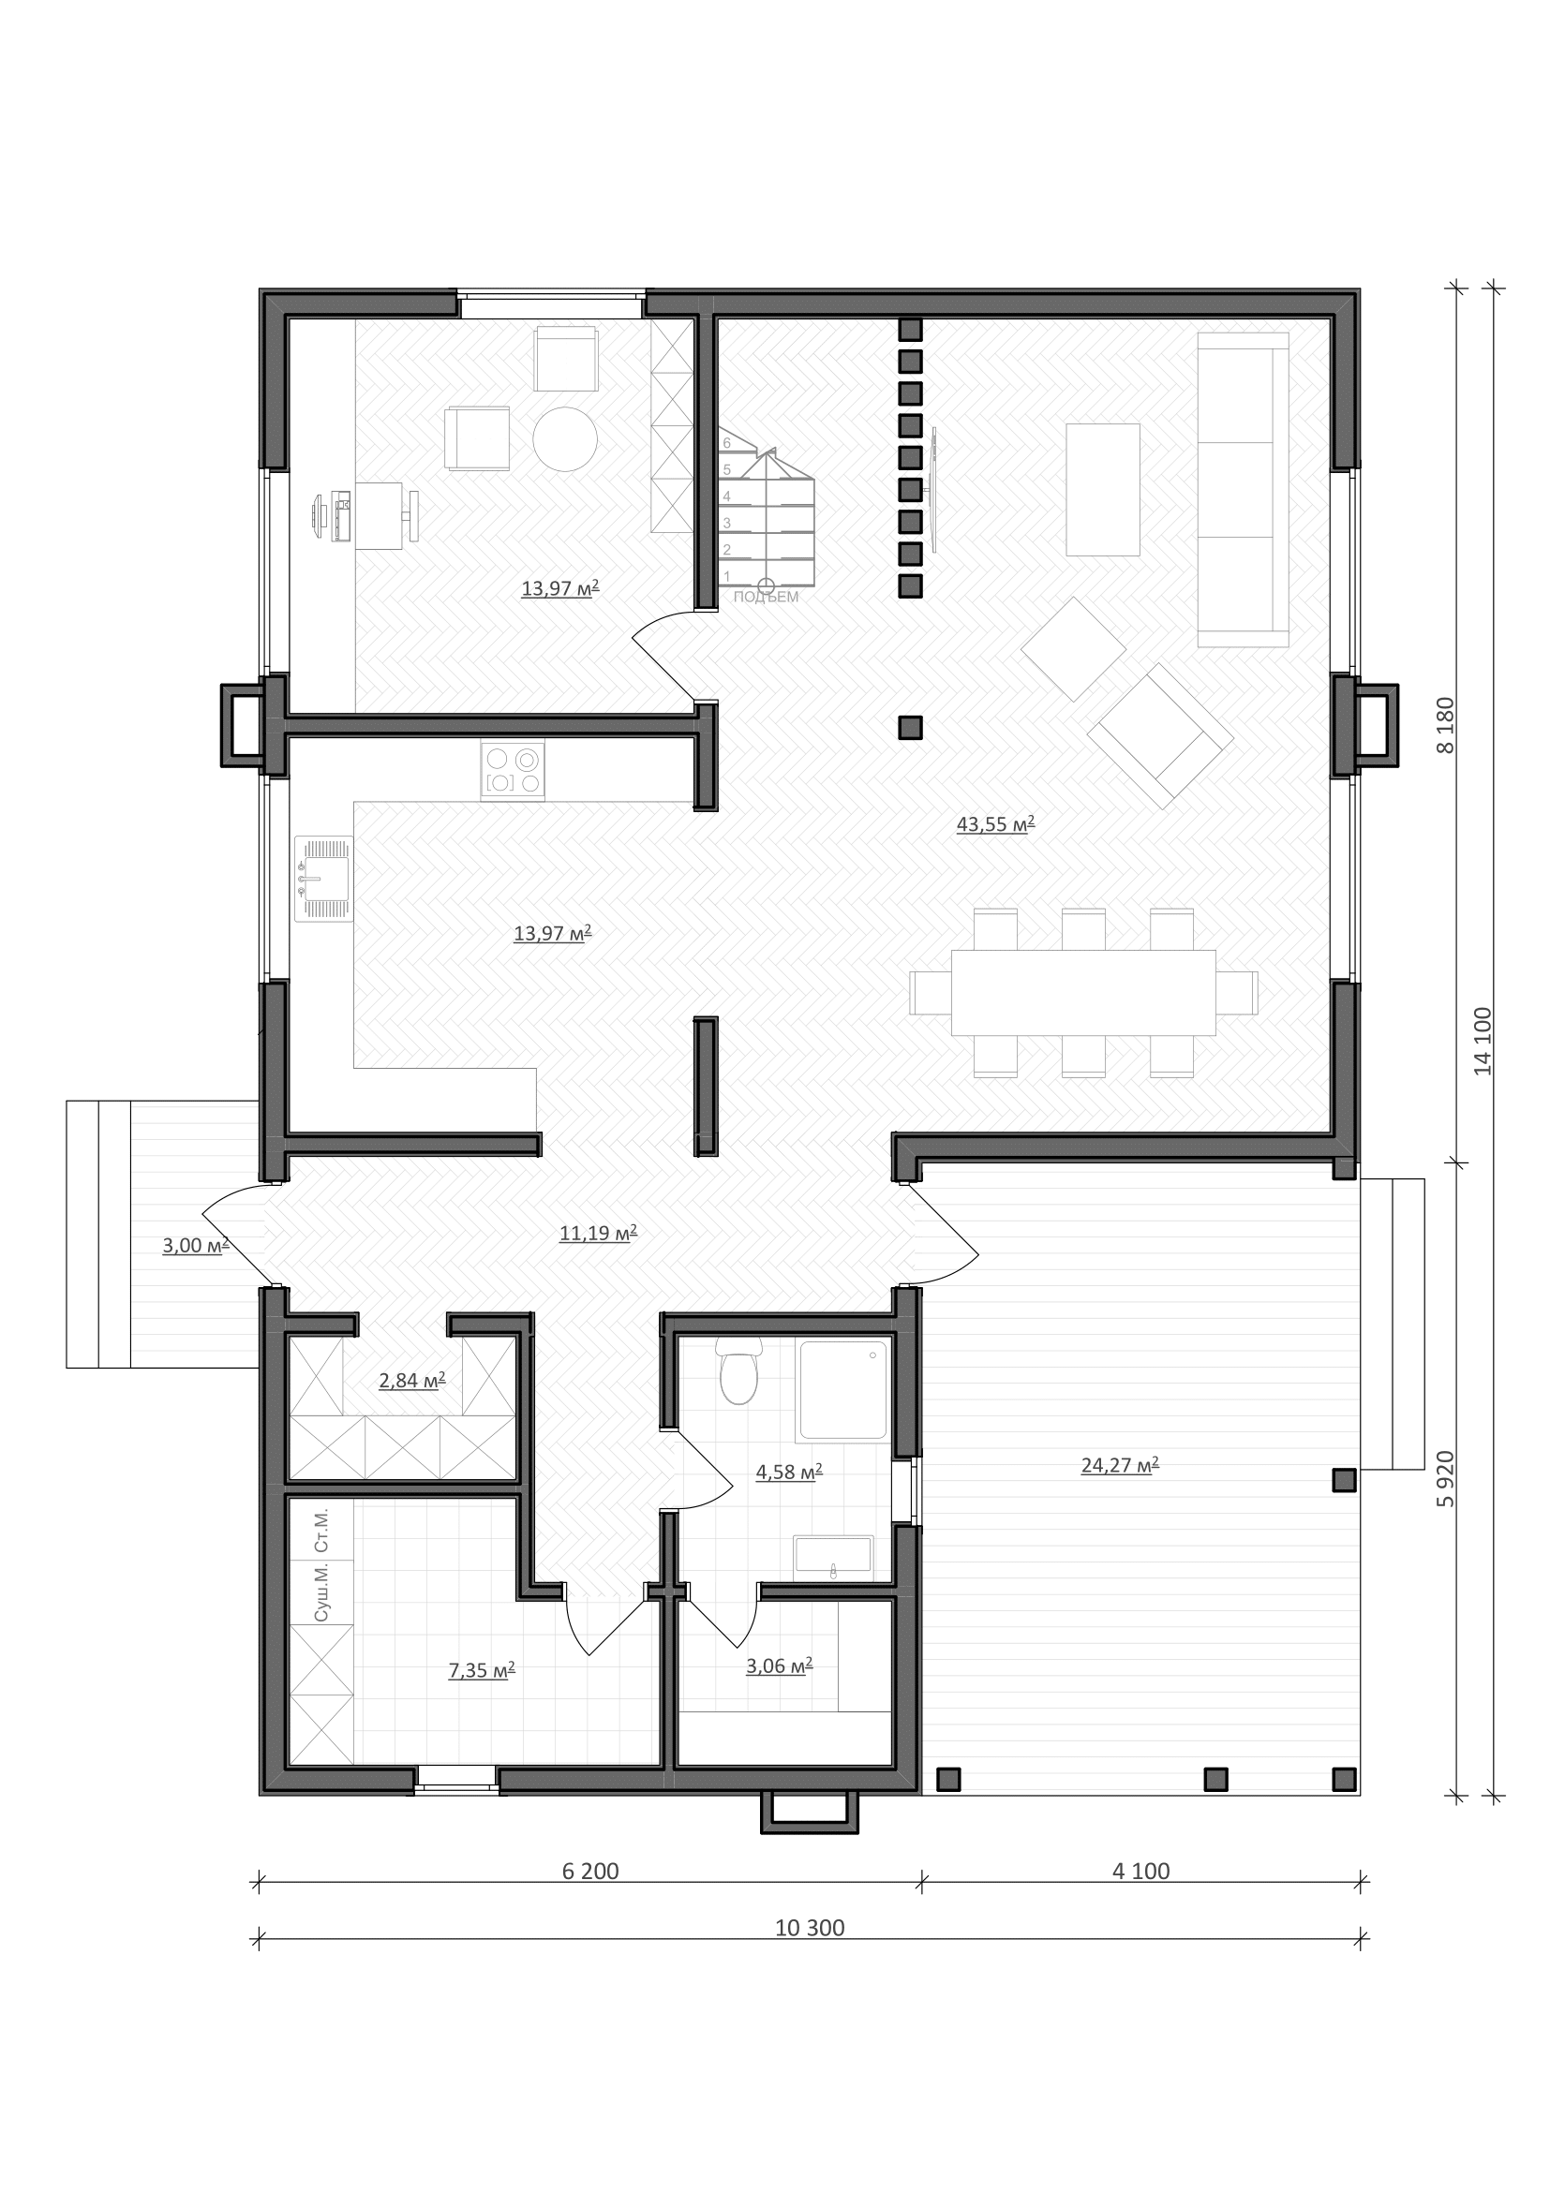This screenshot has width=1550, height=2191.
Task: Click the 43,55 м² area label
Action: pos(995,824)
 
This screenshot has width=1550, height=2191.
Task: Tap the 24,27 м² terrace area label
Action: pos(1120,1465)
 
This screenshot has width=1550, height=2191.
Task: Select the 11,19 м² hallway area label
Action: pos(599,1234)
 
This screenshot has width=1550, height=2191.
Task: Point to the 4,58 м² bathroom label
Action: pos(789,1473)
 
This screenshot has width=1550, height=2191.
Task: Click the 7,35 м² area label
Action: pos(482,1670)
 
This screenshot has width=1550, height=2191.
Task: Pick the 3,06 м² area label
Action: pos(779,1666)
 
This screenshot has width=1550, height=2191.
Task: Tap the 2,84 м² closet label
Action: pos(412,1381)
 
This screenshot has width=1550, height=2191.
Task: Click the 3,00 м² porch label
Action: pos(196,1245)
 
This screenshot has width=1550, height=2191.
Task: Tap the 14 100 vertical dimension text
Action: pos(1482,1041)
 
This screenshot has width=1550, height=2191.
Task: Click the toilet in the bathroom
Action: pos(738,1371)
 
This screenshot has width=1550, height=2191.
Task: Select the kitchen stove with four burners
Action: pos(513,770)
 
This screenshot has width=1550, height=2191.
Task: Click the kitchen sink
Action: pos(323,878)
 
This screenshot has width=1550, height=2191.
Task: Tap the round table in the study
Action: pos(565,439)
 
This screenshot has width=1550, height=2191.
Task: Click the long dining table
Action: pos(1083,992)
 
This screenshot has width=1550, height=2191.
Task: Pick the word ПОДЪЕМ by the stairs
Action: pos(767,598)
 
